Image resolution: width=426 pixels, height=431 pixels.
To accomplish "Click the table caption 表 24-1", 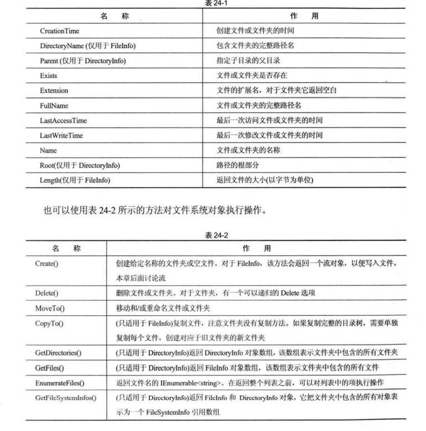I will click(x=213, y=3).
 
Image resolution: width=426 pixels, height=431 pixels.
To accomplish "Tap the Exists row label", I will click(x=49, y=75).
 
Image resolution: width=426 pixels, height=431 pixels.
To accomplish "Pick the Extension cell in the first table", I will click(x=54, y=90).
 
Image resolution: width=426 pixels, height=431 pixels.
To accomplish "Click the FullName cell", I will click(x=54, y=105).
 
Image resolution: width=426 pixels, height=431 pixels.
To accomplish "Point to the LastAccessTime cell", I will click(x=63, y=120).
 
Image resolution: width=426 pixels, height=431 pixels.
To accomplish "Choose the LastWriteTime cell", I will click(x=62, y=135).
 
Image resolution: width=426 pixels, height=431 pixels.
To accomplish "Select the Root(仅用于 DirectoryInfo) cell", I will click(x=80, y=165).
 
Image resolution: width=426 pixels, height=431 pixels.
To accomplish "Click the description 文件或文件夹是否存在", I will click(x=252, y=75).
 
